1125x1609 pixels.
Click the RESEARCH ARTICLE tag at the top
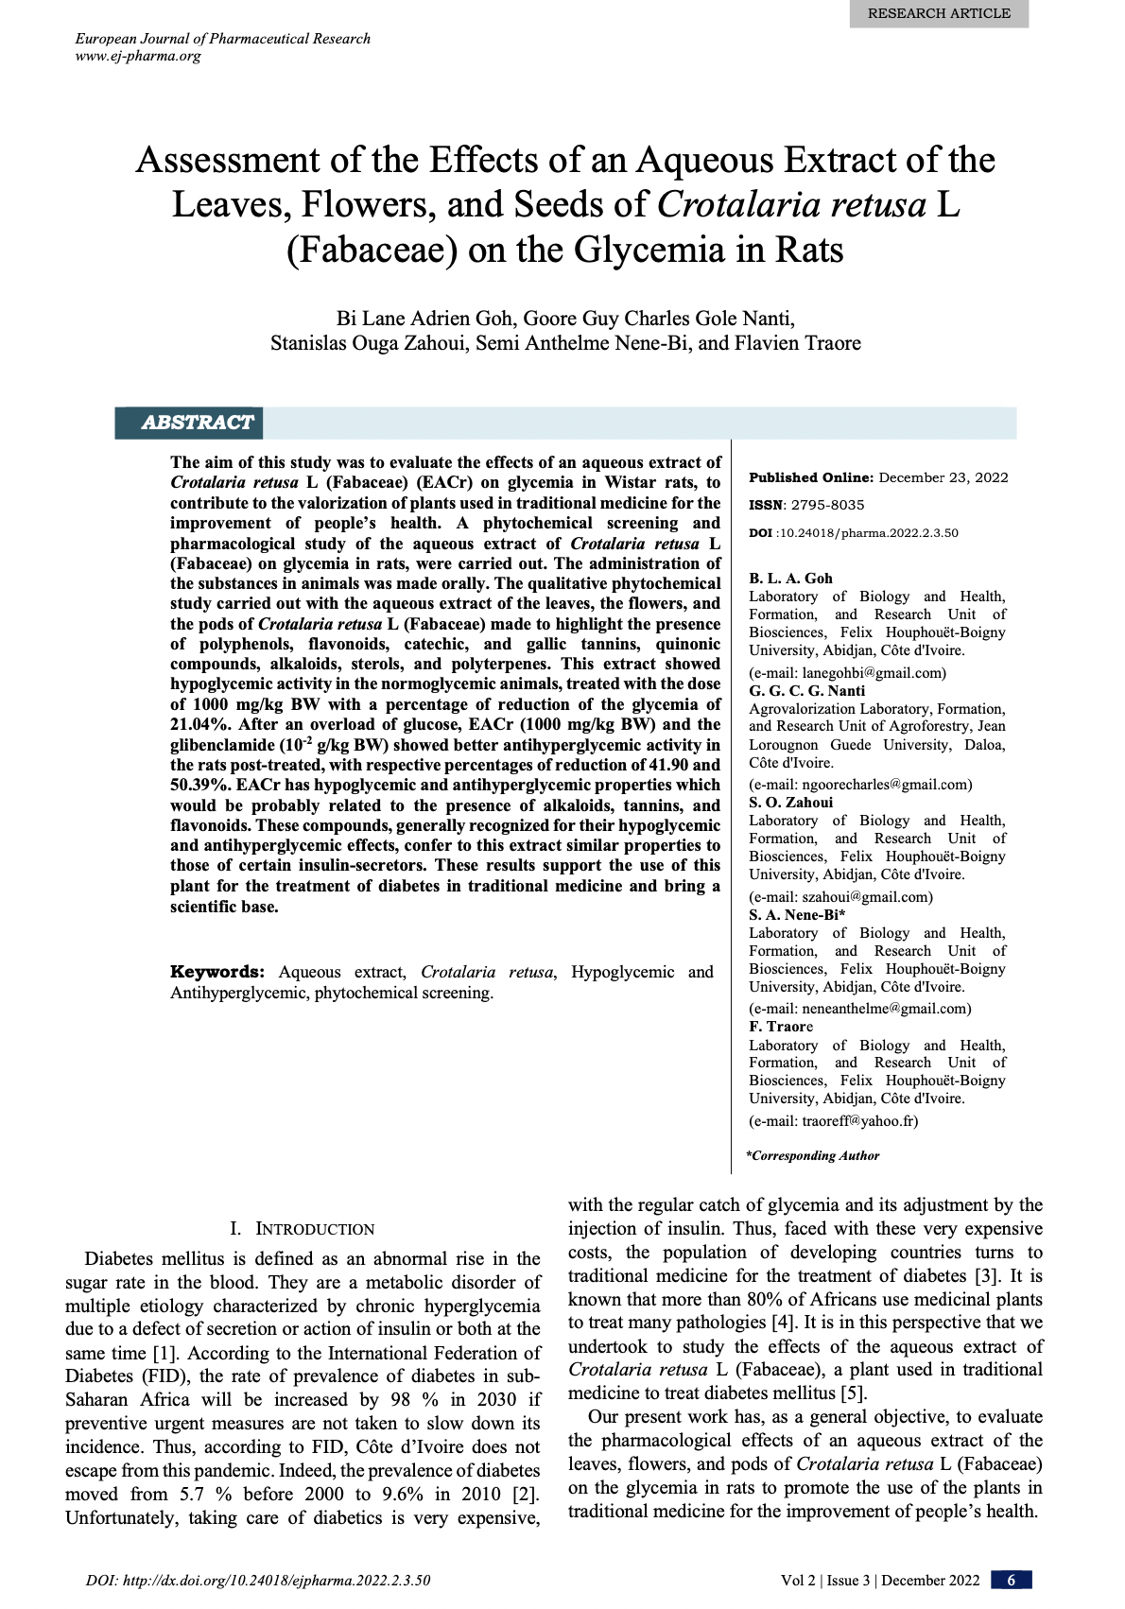coord(938,13)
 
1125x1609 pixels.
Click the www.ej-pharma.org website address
coord(138,56)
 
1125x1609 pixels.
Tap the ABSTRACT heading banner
coord(197,423)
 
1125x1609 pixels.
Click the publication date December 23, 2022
coord(943,477)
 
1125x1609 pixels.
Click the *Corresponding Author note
coord(813,1155)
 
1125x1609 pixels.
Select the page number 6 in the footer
coord(1011,1581)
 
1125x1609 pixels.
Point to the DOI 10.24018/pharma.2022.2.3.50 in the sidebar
coord(868,533)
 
